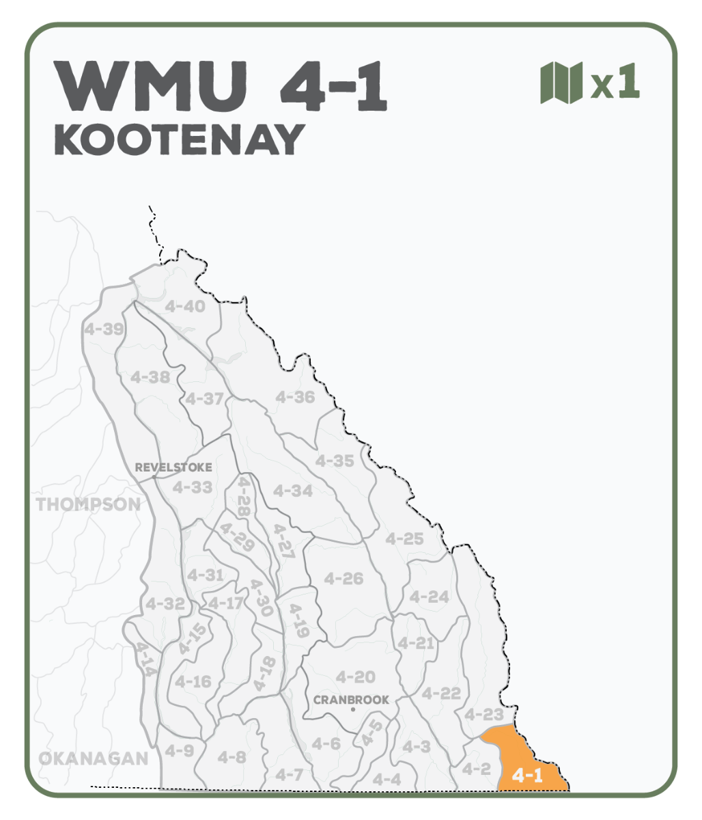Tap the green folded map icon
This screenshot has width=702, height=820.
[561, 83]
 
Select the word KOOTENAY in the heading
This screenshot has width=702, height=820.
[179, 140]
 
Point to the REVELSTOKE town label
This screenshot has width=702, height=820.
[173, 467]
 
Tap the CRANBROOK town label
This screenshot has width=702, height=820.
[351, 700]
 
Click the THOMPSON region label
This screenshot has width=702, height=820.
[88, 505]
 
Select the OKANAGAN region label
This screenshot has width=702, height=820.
[93, 758]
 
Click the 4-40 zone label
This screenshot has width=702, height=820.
[185, 307]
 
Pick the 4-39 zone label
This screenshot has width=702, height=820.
[104, 329]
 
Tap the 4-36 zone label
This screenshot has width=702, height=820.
[295, 397]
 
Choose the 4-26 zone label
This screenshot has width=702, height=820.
[343, 579]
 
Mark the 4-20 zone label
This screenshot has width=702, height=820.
[356, 677]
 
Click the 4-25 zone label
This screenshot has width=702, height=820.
[404, 538]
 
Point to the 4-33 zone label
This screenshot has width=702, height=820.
[192, 487]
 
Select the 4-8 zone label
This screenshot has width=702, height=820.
[231, 757]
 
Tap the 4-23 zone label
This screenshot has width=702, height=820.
[483, 715]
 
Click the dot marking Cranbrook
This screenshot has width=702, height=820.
[352, 710]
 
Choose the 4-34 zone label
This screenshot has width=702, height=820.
[293, 491]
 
